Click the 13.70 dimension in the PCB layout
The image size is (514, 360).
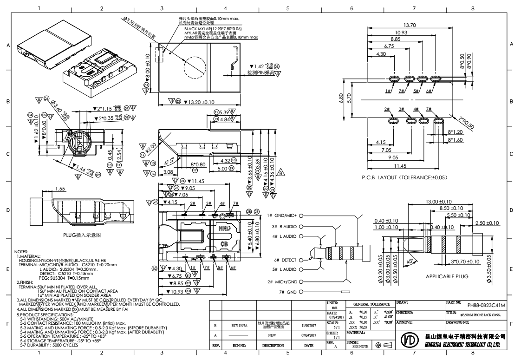pos(409,25)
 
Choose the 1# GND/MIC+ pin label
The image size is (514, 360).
pos(282,216)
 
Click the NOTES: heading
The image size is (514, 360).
pos(22,250)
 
